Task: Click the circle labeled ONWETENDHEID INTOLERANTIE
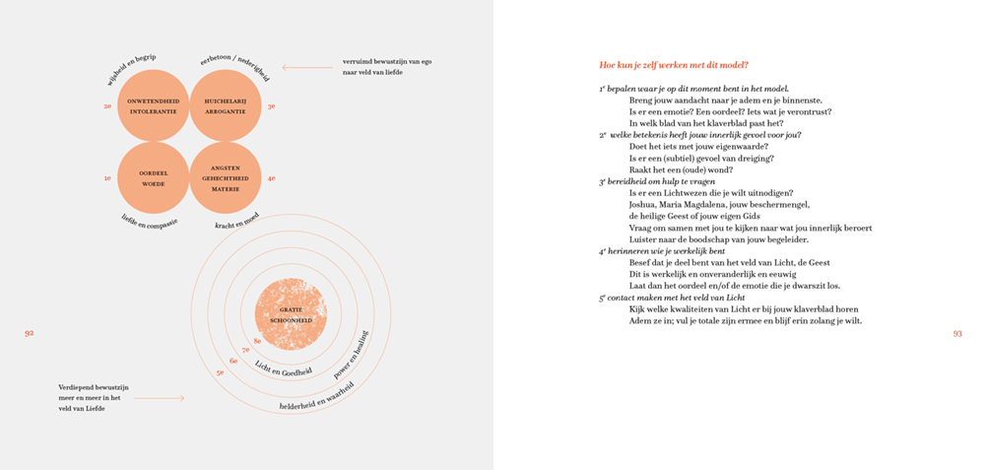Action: click(153, 105)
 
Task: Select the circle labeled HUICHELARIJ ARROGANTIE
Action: click(225, 105)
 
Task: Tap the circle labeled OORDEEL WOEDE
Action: click(153, 177)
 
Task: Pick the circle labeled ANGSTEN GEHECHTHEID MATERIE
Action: click(225, 177)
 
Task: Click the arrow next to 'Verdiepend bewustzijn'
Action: click(159, 398)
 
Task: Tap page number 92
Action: click(30, 333)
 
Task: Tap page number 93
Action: click(956, 333)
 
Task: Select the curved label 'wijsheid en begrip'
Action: click(131, 66)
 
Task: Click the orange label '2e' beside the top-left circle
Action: click(107, 105)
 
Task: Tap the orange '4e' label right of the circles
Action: click(271, 178)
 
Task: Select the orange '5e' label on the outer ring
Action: click(221, 372)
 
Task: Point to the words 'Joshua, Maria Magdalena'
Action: click(682, 205)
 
